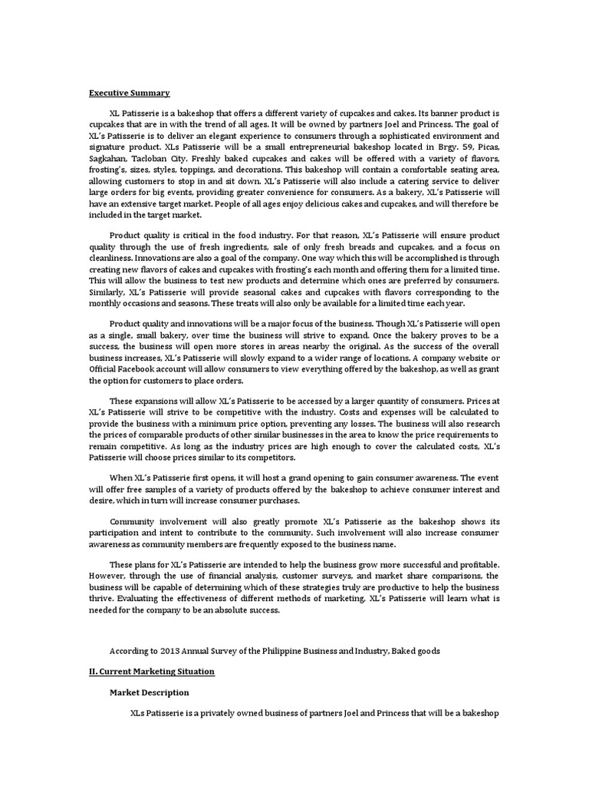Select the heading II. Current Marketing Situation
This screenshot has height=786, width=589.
coord(152,671)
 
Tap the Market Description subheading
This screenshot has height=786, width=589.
coord(150,692)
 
